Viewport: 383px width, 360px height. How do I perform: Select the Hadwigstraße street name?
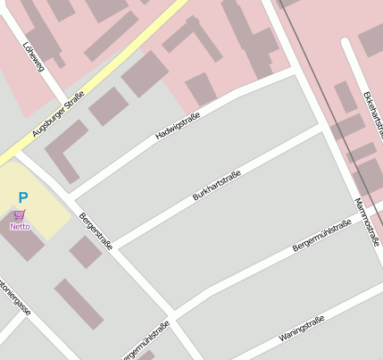tap(178, 126)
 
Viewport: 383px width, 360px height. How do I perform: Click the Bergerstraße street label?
tap(96, 230)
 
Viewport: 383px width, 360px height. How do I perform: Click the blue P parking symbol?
tap(23, 198)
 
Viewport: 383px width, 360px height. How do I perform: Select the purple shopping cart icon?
tap(20, 214)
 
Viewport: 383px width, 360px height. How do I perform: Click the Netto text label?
tap(20, 227)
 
